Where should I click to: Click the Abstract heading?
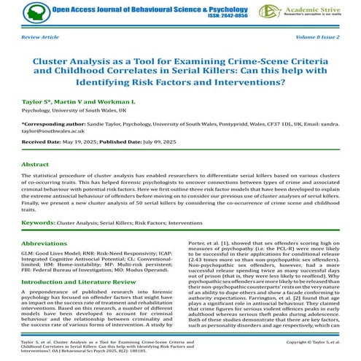(x=36, y=164)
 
